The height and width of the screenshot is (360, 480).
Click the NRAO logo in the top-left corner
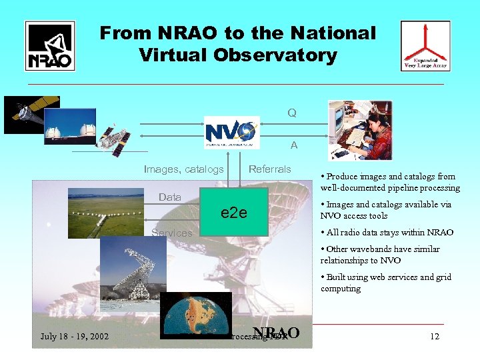tap(50, 45)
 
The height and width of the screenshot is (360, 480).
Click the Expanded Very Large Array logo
tap(425, 45)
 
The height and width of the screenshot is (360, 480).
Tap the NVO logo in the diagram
tap(231, 131)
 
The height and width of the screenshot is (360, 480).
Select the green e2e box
tap(234, 213)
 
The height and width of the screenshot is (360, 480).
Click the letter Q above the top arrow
tap(292, 113)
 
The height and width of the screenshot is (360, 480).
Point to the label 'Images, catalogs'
tap(184, 169)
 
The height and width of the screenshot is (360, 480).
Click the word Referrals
tap(269, 169)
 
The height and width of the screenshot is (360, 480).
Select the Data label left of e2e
tap(170, 197)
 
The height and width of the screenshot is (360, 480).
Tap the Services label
tap(171, 233)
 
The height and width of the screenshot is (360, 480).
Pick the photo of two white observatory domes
tap(70, 127)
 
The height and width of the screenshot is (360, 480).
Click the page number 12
tap(435, 337)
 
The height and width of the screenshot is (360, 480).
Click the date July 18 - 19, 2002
tap(75, 337)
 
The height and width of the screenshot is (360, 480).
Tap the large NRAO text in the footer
tap(276, 334)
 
